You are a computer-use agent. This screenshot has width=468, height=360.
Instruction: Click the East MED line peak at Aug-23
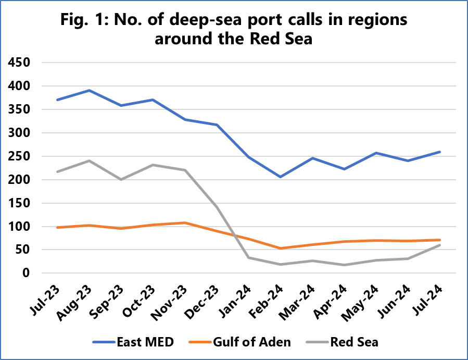pyautogui.click(x=90, y=90)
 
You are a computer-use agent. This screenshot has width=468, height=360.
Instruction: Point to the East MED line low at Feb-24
pyautogui.click(x=281, y=177)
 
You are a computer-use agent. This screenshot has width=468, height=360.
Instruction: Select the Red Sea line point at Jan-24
pyautogui.click(x=248, y=257)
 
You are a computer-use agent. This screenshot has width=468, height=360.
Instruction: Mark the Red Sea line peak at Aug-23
pyautogui.click(x=90, y=160)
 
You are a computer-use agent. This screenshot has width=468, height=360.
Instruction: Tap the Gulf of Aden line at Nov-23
pyautogui.click(x=185, y=222)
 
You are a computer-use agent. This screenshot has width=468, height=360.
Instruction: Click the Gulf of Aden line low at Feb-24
pyautogui.click(x=281, y=249)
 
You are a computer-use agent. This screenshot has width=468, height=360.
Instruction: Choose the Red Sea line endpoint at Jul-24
pyautogui.click(x=440, y=245)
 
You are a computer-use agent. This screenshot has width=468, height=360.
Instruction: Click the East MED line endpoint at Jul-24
pyautogui.click(x=440, y=152)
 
